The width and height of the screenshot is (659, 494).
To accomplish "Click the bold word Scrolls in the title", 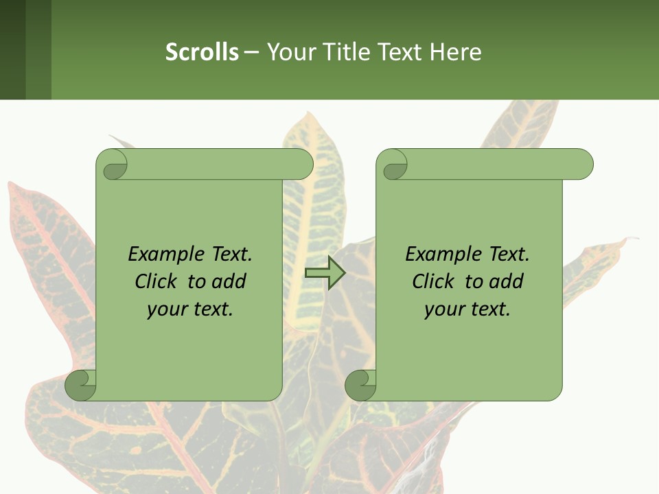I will point(202,52).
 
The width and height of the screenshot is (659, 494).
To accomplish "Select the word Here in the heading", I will point(455,52).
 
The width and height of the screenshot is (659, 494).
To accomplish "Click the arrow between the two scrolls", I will point(325,272).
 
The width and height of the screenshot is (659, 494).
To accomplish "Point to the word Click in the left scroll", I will point(157,281).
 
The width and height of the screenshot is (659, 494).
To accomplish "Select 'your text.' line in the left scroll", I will point(190,309).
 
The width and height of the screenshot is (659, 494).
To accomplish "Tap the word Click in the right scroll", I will point(434,281).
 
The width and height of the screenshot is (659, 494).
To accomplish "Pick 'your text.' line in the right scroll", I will point(467,309).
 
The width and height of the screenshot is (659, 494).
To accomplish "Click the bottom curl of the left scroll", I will point(80,385).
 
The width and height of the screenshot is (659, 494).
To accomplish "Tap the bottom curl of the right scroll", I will point(360,385).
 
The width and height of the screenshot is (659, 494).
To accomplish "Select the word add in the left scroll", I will point(229,281).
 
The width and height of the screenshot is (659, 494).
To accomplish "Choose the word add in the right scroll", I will point(506,281).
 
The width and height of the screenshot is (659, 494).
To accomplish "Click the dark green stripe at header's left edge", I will point(12,49).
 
